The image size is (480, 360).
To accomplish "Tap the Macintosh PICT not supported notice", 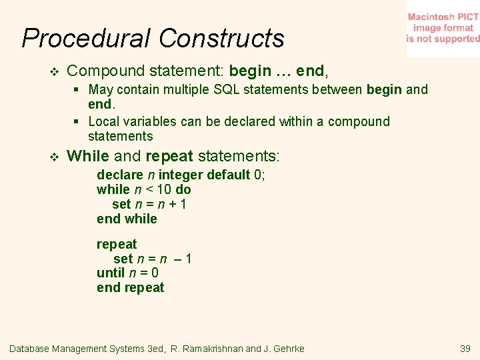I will click(x=443, y=28).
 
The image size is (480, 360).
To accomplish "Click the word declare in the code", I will click(x=120, y=175).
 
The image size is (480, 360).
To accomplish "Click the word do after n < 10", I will click(x=183, y=189).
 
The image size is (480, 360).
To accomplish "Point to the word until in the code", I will click(x=111, y=273).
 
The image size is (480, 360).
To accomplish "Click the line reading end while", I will click(x=127, y=219).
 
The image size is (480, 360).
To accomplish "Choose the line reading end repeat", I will click(x=130, y=287).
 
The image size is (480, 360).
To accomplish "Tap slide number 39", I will click(x=465, y=349).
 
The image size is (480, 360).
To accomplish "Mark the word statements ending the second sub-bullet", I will click(x=120, y=136).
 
